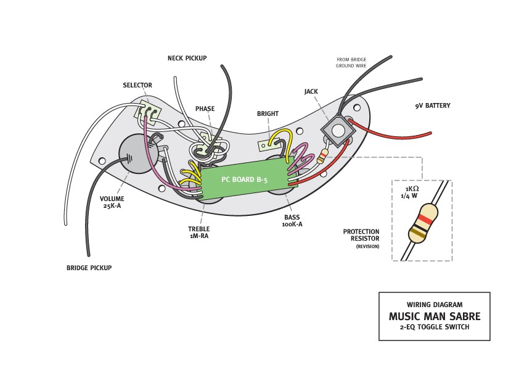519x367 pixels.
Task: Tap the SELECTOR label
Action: click(137, 85)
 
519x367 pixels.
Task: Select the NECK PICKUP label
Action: click(187, 59)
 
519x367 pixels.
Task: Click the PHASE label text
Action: click(205, 109)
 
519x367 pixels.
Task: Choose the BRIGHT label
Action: click(268, 113)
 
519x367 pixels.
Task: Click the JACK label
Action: click(311, 91)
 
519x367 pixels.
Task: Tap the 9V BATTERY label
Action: click(432, 106)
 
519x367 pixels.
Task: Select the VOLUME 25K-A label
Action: click(112, 202)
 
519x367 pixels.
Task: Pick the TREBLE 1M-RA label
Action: click(198, 232)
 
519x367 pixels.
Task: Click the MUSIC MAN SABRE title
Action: click(434, 316)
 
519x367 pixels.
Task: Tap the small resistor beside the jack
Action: click(323, 155)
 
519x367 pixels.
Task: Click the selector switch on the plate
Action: click(149, 111)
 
